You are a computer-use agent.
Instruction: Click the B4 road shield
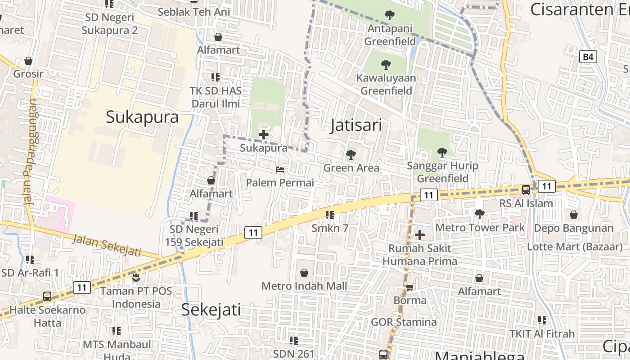pyautogui.click(x=588, y=57)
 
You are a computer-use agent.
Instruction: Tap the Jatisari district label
pyautogui.click(x=356, y=125)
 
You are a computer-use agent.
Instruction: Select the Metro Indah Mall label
pyautogui.click(x=304, y=286)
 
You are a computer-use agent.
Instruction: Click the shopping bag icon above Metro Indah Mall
pyautogui.click(x=304, y=273)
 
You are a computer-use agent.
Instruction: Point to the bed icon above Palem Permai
pyautogui.click(x=280, y=170)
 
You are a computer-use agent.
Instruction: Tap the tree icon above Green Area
pyautogui.click(x=351, y=155)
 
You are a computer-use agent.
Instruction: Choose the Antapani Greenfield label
pyautogui.click(x=390, y=35)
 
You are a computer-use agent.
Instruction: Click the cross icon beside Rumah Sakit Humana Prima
pyautogui.click(x=420, y=234)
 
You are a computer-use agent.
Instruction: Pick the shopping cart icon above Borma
pyautogui.click(x=410, y=287)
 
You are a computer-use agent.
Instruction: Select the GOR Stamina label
pyautogui.click(x=404, y=322)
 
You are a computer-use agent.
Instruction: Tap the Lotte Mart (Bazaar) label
pyautogui.click(x=575, y=247)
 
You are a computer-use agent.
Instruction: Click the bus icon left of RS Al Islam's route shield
pyautogui.click(x=526, y=189)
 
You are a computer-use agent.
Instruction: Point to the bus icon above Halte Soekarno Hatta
pyautogui.click(x=47, y=297)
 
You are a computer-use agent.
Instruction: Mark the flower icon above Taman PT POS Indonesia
pyautogui.click(x=136, y=277)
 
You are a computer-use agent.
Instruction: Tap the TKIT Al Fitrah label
pyautogui.click(x=542, y=334)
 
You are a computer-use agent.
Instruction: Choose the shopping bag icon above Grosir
pyautogui.click(x=28, y=61)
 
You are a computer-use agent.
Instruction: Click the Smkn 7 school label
pyautogui.click(x=330, y=228)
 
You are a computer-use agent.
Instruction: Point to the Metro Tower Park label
pyautogui.click(x=480, y=228)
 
